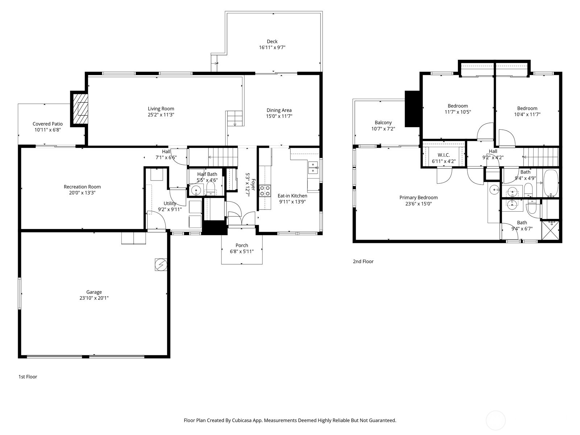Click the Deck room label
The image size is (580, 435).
coord(272,41)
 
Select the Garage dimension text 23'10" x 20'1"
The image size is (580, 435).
coord(94,298)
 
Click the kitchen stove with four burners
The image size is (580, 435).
coord(265,190)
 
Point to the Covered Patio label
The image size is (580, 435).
coord(47,124)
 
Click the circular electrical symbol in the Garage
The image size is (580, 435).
coord(161,264)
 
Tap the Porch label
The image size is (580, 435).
coord(242,245)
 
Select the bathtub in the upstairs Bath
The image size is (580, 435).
coord(551,183)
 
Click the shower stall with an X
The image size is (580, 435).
coord(550,230)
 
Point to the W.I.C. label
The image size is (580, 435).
coord(443,155)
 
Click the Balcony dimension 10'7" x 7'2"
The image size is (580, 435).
coord(383,129)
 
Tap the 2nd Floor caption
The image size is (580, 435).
coord(363,261)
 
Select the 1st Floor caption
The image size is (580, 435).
coord(28,377)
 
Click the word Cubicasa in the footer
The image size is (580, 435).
coord(250,420)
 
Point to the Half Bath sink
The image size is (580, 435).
coord(196,190)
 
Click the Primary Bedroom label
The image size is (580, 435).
coord(418,198)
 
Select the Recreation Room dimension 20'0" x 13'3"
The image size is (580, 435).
coord(82,193)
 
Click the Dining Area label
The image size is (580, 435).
coord(279,110)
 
